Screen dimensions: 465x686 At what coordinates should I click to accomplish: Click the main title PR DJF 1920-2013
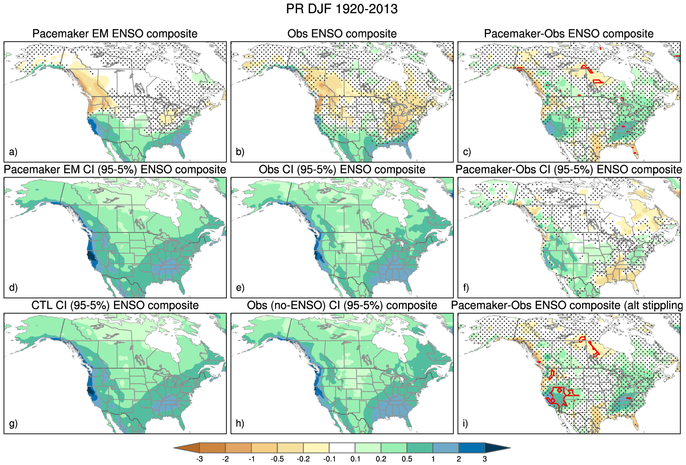[342, 9]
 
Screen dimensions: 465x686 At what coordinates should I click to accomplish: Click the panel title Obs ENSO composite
[342, 34]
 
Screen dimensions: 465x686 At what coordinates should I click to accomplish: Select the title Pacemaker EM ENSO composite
[115, 34]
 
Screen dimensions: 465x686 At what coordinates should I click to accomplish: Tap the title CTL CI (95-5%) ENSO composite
[115, 305]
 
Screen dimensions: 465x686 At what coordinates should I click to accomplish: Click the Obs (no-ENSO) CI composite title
[342, 305]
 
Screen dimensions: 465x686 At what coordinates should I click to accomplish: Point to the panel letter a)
[13, 152]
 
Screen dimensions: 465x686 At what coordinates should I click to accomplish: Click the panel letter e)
[240, 288]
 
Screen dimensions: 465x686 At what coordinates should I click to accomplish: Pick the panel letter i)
[465, 423]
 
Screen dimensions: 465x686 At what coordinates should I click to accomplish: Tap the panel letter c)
[467, 152]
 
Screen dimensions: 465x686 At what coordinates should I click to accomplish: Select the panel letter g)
[14, 423]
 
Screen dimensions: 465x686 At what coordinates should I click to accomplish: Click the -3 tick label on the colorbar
[200, 459]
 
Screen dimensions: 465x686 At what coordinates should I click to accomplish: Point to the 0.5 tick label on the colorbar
[407, 459]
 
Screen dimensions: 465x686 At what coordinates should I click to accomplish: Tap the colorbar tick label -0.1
[329, 459]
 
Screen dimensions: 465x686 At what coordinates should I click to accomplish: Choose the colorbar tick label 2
[459, 459]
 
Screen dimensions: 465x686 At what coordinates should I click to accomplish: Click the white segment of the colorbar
[342, 448]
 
